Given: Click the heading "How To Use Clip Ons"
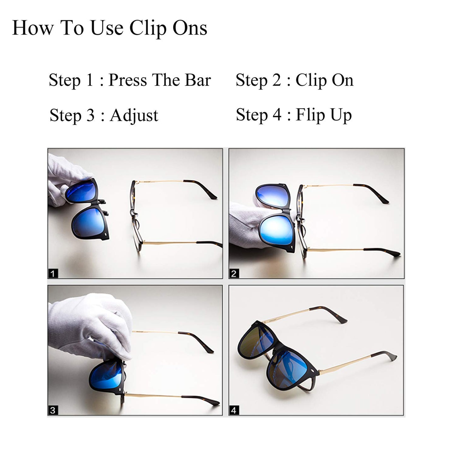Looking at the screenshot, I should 110,28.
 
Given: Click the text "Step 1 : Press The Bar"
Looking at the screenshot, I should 129,80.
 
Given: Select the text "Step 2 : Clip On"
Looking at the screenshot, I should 294,80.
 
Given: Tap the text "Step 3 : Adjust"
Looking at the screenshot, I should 104,115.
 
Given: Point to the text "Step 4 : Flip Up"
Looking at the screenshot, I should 293,115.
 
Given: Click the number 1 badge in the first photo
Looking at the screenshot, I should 53,273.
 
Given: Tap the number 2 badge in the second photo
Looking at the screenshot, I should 234,273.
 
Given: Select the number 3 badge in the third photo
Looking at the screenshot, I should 53,410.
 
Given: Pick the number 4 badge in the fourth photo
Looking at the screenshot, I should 234,410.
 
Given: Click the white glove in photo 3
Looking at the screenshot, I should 92,325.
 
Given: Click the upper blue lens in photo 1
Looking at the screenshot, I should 80,191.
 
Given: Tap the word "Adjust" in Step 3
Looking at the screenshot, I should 134,115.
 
